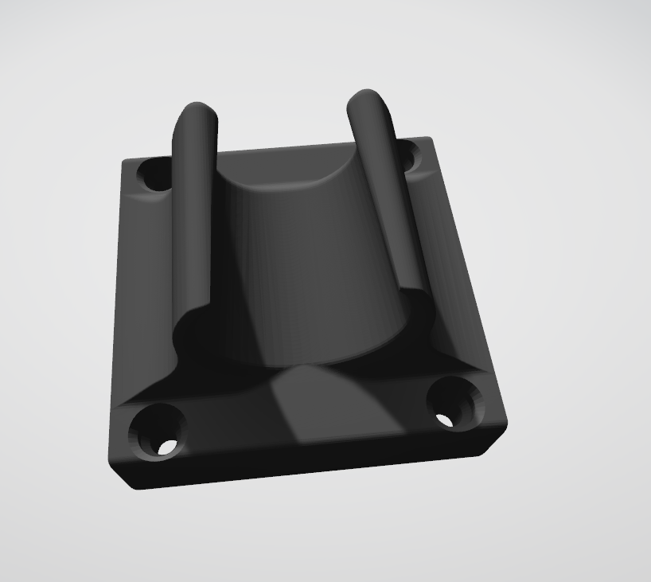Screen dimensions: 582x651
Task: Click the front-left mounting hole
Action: (x=159, y=434)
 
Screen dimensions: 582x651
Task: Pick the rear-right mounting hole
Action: (x=408, y=154)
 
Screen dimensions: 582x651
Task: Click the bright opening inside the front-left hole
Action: (x=166, y=448)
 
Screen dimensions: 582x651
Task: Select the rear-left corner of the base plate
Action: (x=124, y=163)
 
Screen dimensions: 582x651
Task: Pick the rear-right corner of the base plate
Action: (x=433, y=139)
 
